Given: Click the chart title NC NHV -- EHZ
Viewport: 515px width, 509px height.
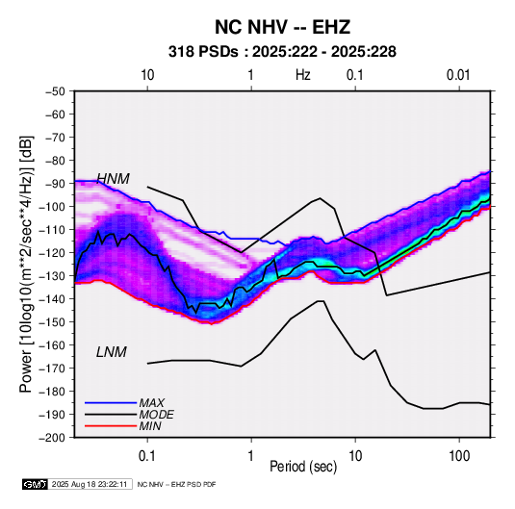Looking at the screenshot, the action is [x=282, y=27].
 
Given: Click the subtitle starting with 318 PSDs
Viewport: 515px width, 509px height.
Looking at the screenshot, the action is [x=282, y=52].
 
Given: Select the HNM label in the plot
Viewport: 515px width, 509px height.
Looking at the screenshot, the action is [x=113, y=179].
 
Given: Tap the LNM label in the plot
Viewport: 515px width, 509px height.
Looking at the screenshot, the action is [x=112, y=352].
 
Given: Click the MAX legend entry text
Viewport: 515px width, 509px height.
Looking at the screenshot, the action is [x=151, y=402].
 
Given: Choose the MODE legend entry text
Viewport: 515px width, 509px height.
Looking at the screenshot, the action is [x=156, y=415].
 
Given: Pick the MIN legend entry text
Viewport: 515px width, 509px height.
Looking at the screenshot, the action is [x=150, y=426].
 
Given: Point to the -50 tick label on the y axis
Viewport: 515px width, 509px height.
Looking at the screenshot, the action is [x=55, y=91].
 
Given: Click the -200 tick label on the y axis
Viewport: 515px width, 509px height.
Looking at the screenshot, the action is [x=52, y=438].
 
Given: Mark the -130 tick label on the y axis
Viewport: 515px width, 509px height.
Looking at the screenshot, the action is [x=52, y=276].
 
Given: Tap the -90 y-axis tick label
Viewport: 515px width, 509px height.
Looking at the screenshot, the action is [x=55, y=183].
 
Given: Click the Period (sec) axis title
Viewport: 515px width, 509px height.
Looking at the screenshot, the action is [x=303, y=467].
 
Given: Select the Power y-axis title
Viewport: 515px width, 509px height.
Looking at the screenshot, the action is [x=26, y=264].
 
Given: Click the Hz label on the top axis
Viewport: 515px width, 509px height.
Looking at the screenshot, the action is [x=303, y=75].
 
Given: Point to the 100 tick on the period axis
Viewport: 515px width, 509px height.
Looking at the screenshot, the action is [x=459, y=456].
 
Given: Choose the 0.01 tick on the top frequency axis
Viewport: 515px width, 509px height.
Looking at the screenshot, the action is [x=458, y=75].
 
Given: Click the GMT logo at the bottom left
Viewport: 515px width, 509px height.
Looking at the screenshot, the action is [x=36, y=484].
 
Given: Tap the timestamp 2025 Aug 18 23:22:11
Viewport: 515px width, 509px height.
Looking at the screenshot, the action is [x=90, y=484].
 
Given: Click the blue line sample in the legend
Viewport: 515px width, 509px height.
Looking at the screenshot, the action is [x=111, y=402].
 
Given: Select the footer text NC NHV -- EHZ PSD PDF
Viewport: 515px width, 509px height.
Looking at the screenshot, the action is [x=176, y=484].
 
